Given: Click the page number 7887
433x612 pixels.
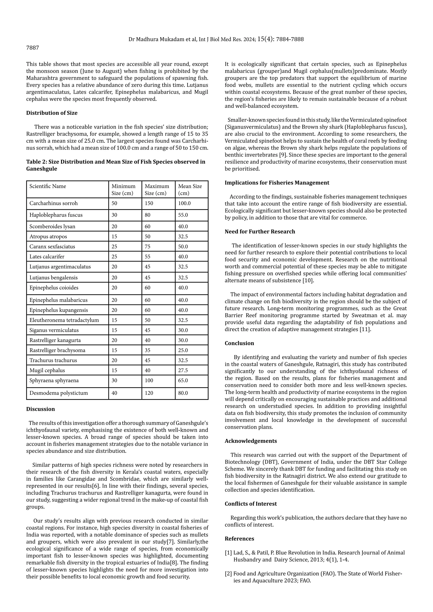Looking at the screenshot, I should pos(33,48).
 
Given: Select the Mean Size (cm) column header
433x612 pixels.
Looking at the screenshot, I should pos(190,190).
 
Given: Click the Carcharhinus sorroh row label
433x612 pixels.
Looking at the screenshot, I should pos(53,203).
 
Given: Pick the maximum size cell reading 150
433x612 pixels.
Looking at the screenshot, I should pos(149,203).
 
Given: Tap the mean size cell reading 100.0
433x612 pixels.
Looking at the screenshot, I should pos(184,203).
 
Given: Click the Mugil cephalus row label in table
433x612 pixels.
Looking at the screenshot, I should pos(47,370).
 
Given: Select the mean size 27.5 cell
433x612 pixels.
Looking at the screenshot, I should pos(183,370).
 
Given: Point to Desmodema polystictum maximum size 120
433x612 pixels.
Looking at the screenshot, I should pos(149,393).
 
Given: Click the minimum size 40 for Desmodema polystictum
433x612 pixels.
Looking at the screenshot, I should pos(114,393).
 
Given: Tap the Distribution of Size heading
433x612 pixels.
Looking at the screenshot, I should pos(52,113).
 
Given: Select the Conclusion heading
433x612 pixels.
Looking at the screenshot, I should pos(239,343).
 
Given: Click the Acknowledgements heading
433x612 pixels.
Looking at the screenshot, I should pos(251,441).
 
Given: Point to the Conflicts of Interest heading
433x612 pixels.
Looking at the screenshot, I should pos(251,504).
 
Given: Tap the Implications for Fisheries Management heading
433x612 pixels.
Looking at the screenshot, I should pos(277,183).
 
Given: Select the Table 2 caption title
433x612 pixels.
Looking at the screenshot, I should pos(116,165).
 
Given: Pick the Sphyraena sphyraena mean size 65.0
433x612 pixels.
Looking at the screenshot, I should pos(183,381).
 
